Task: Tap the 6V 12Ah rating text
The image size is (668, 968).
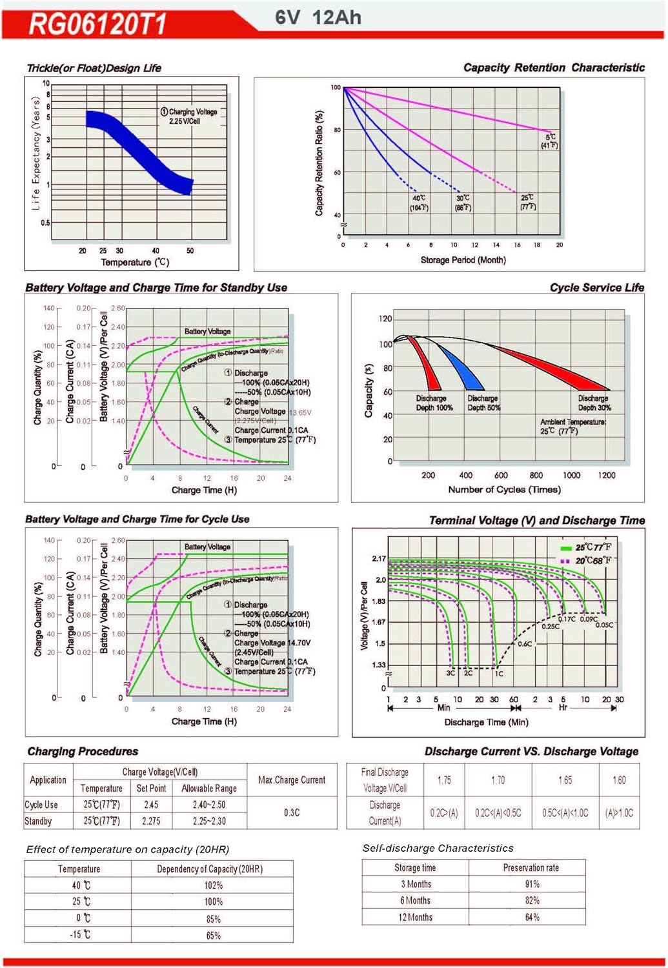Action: click(318, 17)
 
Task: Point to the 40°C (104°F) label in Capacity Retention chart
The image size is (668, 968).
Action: click(419, 203)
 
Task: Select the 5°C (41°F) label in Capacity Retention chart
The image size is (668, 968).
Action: click(550, 141)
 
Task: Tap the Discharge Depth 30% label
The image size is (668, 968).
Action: click(594, 403)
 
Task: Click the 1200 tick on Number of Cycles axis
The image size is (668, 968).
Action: click(606, 475)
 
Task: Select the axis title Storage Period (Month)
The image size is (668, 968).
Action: click(463, 260)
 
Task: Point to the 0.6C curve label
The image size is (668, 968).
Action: click(525, 644)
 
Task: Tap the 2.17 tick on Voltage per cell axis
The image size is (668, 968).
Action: click(378, 558)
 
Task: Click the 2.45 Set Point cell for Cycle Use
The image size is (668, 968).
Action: click(151, 805)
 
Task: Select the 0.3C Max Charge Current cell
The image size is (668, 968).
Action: click(292, 812)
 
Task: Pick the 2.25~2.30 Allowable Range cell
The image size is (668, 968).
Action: click(209, 821)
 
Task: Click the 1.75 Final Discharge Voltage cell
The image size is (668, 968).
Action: click(444, 780)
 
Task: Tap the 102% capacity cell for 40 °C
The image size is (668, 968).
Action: click(213, 885)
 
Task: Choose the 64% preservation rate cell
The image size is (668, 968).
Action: click(532, 917)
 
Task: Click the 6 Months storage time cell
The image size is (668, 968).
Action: click(415, 900)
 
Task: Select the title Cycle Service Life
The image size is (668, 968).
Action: click(596, 288)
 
